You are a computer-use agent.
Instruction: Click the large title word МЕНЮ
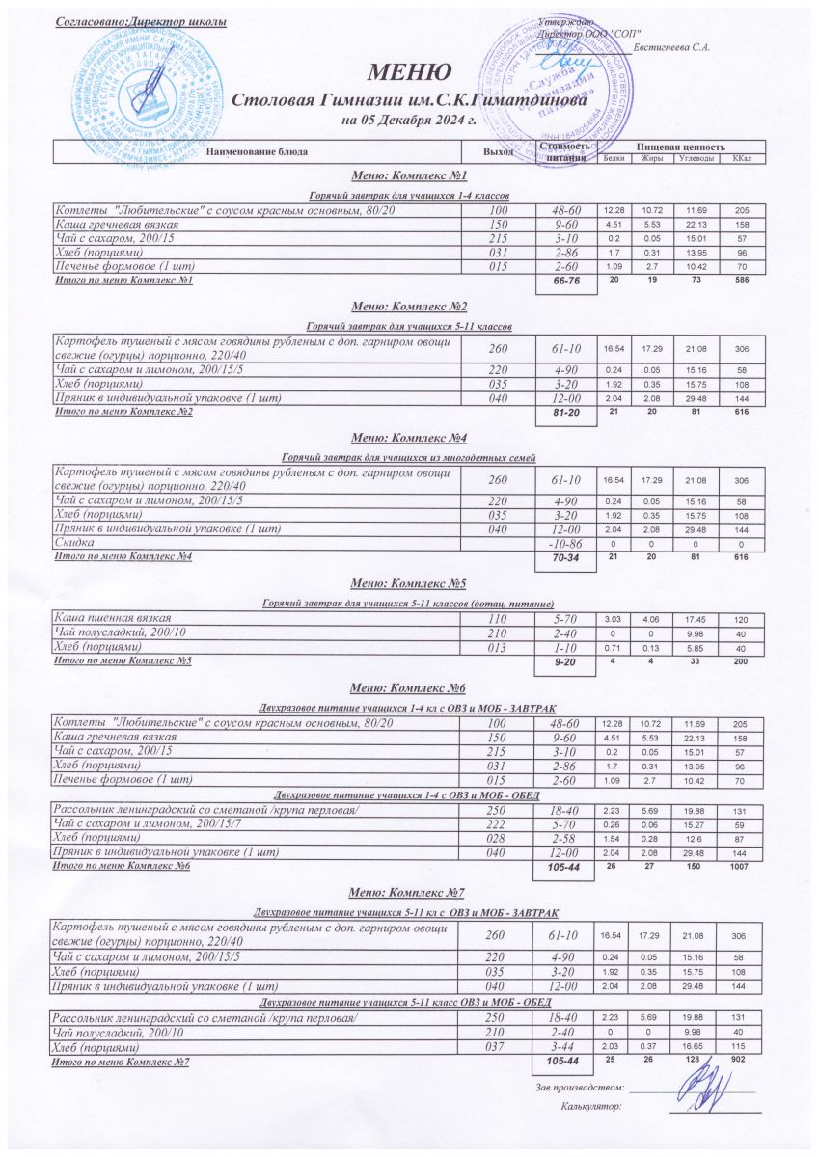pos(408,72)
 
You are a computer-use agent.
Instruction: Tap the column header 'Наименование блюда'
pos(258,151)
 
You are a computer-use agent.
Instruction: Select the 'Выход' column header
pos(498,151)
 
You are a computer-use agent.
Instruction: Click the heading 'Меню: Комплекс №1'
pos(409,176)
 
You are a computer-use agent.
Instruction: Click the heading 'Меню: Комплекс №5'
pos(409,583)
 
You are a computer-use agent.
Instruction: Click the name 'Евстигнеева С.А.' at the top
pos(672,48)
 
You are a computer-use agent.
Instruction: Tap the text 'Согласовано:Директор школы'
pos(141,21)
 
